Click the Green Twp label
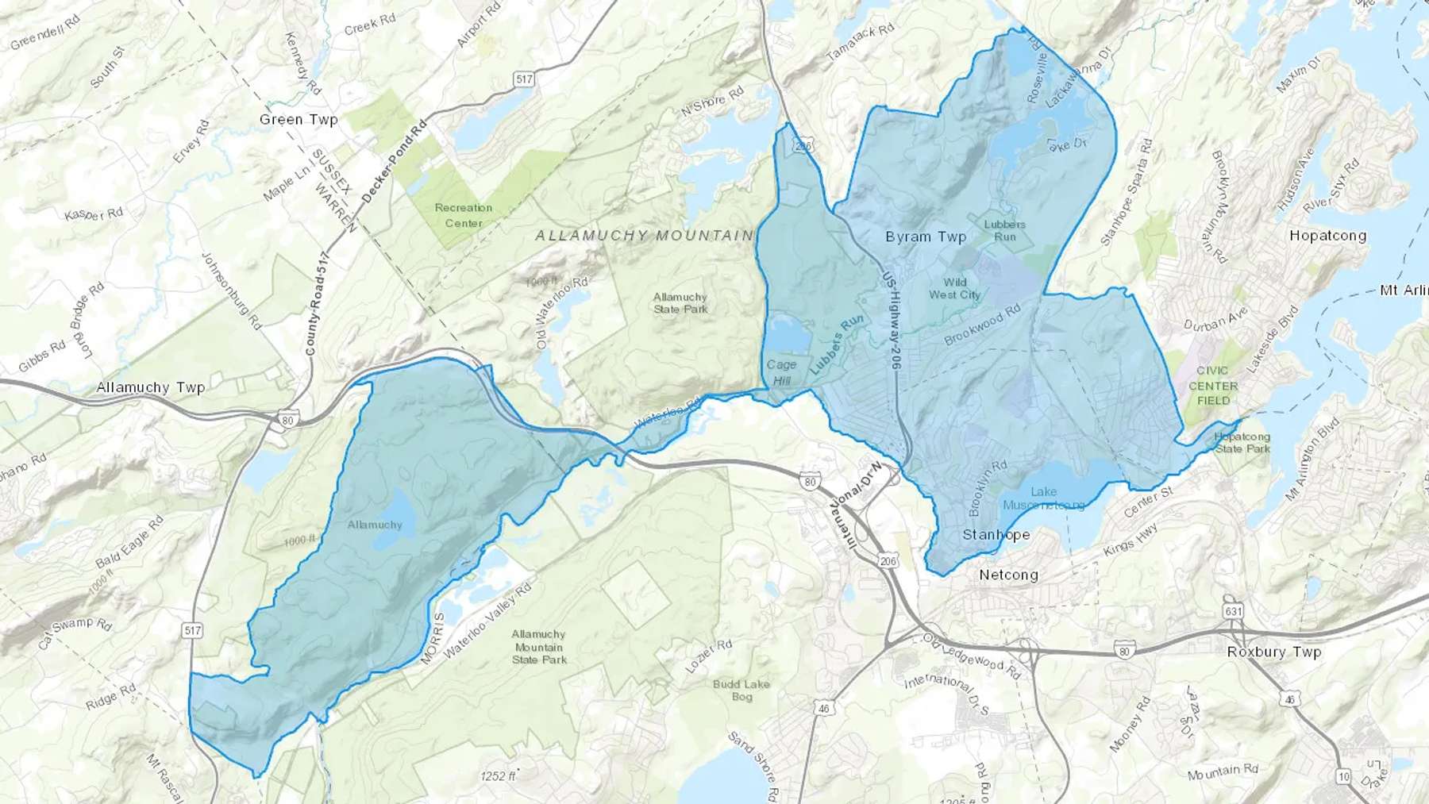(x=299, y=120)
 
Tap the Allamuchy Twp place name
(x=151, y=387)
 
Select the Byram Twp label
(x=926, y=237)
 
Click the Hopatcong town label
(x=1327, y=236)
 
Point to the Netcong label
(x=1008, y=575)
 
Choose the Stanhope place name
(x=996, y=535)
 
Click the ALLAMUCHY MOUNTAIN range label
(x=643, y=236)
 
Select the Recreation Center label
(x=464, y=215)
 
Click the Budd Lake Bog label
(x=741, y=690)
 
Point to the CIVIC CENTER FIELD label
(x=1213, y=386)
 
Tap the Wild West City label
(x=955, y=288)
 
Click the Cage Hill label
(x=781, y=372)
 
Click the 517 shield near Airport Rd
(x=523, y=79)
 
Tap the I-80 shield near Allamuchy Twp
(x=287, y=421)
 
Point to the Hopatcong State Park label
(x=1242, y=443)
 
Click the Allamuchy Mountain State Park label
(x=539, y=646)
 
